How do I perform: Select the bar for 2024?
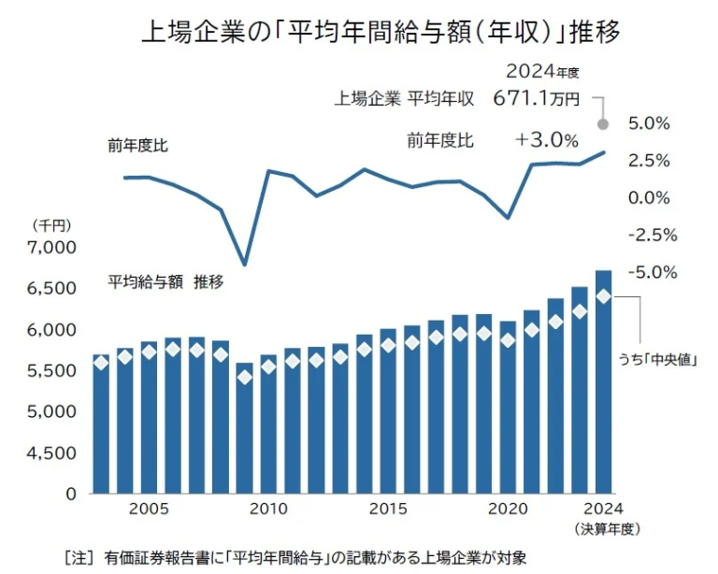pyautogui.click(x=603, y=393)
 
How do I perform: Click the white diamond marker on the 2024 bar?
pyautogui.click(x=603, y=296)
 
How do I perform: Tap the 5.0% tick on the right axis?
pyautogui.click(x=649, y=123)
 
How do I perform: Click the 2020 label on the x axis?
pyautogui.click(x=507, y=509)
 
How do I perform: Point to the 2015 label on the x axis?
pyautogui.click(x=387, y=509)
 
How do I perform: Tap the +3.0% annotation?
pyautogui.click(x=547, y=140)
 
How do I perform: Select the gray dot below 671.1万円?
pyautogui.click(x=603, y=123)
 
